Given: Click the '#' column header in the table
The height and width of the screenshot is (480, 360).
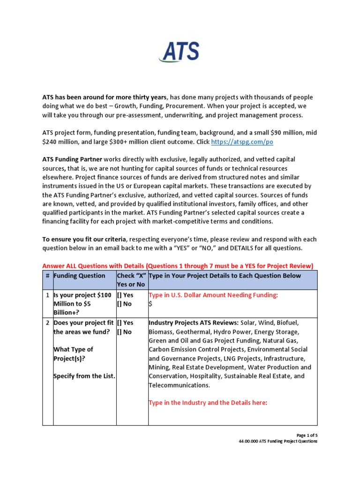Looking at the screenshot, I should pyautogui.click(x=47, y=276).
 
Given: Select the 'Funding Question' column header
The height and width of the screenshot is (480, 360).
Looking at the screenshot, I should pyautogui.click(x=79, y=276).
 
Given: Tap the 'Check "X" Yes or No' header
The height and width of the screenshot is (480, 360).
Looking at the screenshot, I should pyautogui.click(x=132, y=280).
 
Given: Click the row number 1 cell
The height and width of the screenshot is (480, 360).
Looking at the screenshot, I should pyautogui.click(x=47, y=295).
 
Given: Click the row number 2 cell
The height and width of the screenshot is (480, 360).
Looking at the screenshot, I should pyautogui.click(x=47, y=323).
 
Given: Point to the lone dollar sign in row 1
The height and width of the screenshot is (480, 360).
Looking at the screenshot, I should pyautogui.click(x=150, y=304).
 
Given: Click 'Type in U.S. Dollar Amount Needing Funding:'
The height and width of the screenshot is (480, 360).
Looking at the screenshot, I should pyautogui.click(x=213, y=295).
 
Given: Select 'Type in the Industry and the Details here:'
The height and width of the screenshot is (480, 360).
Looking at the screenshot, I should pyautogui.click(x=208, y=403).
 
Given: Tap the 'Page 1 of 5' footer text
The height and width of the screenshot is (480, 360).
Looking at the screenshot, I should pyautogui.click(x=306, y=435).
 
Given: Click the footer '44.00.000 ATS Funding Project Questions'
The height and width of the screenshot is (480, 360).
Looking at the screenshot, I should pyautogui.click(x=278, y=441).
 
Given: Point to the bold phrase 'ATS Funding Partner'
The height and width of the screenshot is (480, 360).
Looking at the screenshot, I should pyautogui.click(x=72, y=159).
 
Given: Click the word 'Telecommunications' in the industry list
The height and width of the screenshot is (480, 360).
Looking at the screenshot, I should pyautogui.click(x=179, y=385).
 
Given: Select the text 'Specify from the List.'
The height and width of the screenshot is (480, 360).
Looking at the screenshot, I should pyautogui.click(x=84, y=376).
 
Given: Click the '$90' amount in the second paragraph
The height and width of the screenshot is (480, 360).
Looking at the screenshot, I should pyautogui.click(x=295, y=133).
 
